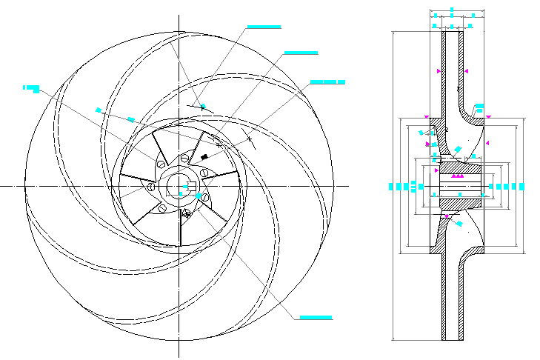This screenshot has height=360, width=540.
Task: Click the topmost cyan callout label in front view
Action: pos(264,27)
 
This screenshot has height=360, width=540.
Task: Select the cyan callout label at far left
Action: pos(31,88)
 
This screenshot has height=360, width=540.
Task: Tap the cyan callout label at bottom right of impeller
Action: pos(316,318)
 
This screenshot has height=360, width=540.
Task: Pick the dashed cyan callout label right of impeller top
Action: pos(327,81)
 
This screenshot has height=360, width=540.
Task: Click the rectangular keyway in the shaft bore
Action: pos(190,185)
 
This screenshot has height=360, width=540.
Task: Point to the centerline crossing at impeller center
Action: pos(179,185)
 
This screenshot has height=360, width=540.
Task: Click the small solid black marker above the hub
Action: pos(204,156)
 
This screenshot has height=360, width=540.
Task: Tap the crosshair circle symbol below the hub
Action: pos(186,213)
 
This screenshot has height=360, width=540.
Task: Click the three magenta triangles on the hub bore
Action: pos(458,176)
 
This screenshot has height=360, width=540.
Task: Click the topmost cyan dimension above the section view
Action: pos(453,11)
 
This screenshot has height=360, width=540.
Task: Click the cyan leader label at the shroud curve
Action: pos(479,106)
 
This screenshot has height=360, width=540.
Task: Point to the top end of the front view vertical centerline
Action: pos(179,16)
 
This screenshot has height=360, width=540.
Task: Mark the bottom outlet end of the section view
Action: pos(453,340)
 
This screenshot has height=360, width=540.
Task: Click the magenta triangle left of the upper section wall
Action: pos(439,70)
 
